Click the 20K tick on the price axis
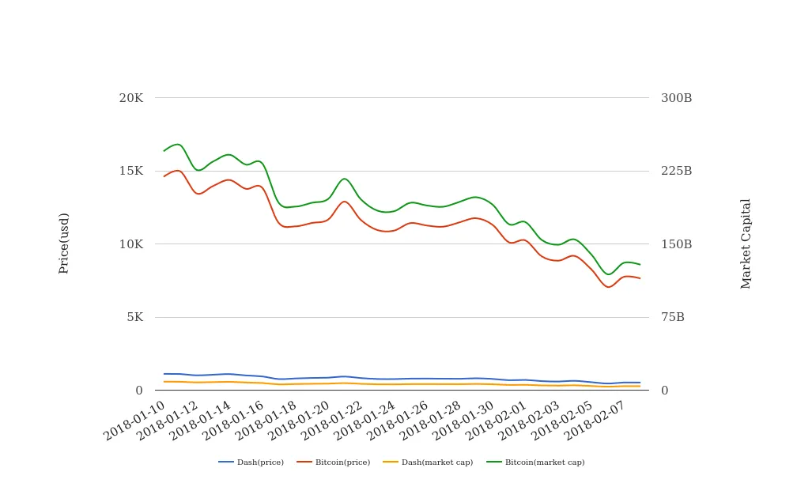coord(131,98)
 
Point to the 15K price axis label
coord(131,171)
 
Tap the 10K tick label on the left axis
coord(131,244)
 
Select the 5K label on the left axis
coord(134,317)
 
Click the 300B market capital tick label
coord(676,98)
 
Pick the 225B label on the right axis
coord(676,171)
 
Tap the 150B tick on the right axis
coord(676,244)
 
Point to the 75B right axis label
coord(673,317)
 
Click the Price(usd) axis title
coord(64,243)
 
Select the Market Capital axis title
coord(746,243)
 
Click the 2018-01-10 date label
coord(135,419)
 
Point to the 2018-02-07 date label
coord(594,419)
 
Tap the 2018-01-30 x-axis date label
coord(463,419)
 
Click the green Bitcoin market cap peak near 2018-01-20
coord(345,179)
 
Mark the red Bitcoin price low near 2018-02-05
coord(608,287)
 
